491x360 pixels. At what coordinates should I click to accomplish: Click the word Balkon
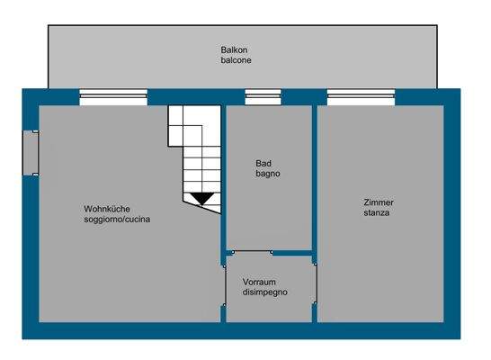[236, 49]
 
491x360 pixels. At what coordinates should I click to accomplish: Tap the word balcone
[236, 61]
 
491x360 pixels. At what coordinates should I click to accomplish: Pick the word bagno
[268, 174]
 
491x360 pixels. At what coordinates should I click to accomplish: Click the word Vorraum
[260, 282]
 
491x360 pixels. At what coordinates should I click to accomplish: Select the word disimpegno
[264, 292]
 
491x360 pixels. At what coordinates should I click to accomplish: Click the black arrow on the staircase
[201, 198]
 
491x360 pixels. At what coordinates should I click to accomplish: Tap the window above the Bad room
[263, 97]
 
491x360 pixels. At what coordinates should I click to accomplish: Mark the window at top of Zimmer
[360, 97]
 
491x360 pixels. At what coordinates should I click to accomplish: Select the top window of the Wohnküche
[113, 97]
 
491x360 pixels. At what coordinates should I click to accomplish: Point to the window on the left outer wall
[30, 153]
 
